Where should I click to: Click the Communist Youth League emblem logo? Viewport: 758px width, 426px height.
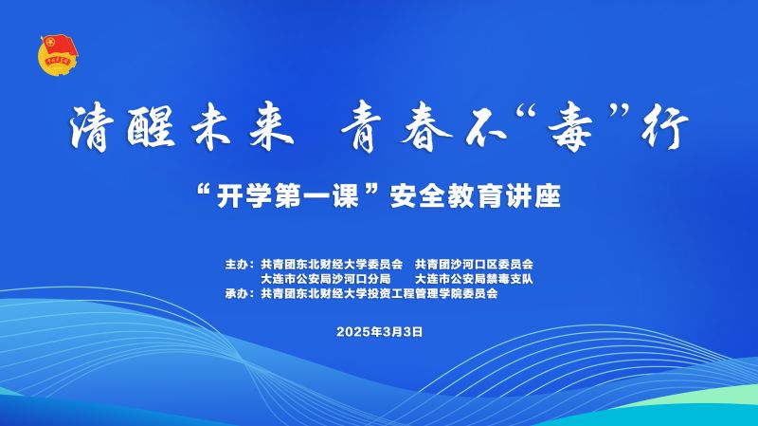coord(58,55)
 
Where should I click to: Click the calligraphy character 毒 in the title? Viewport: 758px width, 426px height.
coord(568,127)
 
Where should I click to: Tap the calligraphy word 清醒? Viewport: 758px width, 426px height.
coord(123,127)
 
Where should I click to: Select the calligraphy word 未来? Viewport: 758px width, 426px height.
coord(243,127)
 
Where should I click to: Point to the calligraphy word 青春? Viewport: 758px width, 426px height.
coord(397,128)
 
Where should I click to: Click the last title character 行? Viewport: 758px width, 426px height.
coord(665,128)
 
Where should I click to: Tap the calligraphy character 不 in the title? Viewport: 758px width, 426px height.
coord(487,128)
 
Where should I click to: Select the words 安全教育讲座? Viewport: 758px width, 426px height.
coord(476,196)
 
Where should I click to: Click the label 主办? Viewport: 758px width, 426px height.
coord(236,265)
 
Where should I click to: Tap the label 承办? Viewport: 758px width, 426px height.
coord(236,293)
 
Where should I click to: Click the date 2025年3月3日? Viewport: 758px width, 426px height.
coord(380,332)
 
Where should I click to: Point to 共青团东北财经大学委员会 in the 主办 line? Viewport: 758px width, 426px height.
coord(332,265)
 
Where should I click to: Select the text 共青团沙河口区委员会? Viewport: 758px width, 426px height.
coord(475,265)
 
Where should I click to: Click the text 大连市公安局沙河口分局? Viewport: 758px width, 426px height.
coord(325,279)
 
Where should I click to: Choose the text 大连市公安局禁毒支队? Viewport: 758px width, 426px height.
coord(475,279)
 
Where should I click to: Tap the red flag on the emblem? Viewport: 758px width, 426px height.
coord(60,46)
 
